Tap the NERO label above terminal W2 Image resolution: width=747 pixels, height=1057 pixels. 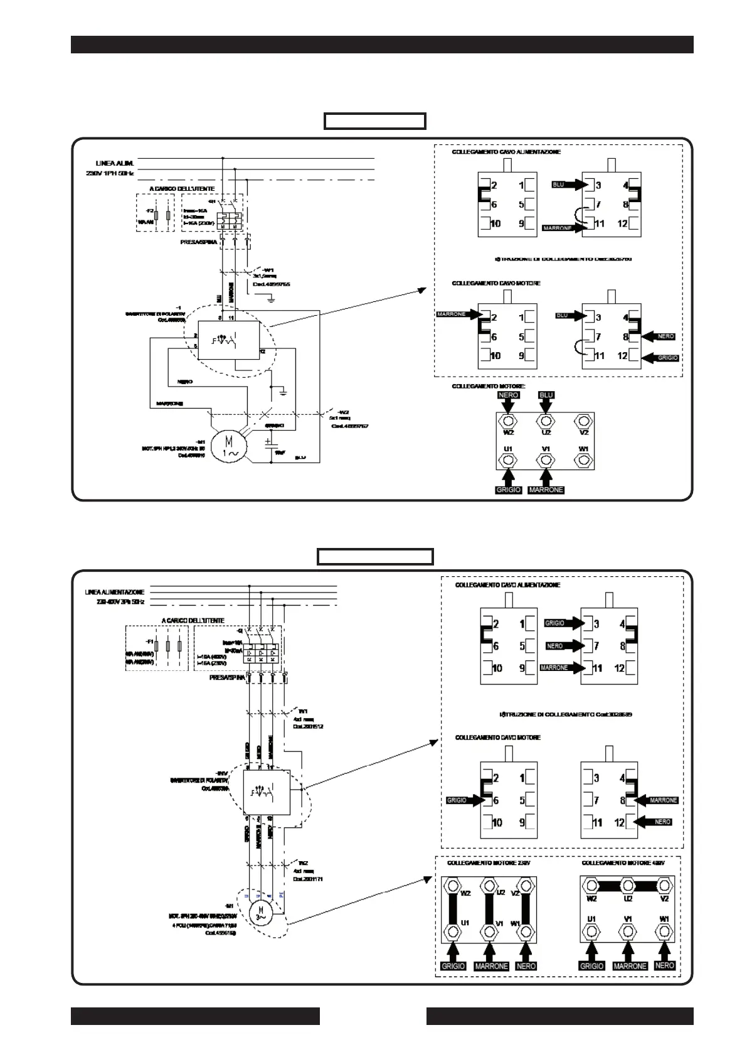point(508,395)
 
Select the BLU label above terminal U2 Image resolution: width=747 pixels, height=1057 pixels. point(546,395)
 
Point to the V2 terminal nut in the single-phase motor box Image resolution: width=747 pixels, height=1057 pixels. point(584,421)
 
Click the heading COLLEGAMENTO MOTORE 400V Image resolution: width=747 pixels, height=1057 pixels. point(623,863)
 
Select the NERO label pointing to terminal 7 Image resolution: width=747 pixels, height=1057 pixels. point(554,646)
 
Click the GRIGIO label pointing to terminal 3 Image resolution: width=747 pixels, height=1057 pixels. point(554,623)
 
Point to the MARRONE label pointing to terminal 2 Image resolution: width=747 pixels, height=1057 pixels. point(452,314)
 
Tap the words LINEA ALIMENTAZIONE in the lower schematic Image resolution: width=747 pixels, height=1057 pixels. point(115,592)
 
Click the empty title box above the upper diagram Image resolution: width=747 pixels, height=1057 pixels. point(375,121)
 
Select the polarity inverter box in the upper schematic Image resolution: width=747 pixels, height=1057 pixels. point(229,340)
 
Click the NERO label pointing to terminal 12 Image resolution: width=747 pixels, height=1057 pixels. point(663,822)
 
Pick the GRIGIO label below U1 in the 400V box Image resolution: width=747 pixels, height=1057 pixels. point(591,966)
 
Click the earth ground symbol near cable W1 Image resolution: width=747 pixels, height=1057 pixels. point(271,300)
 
